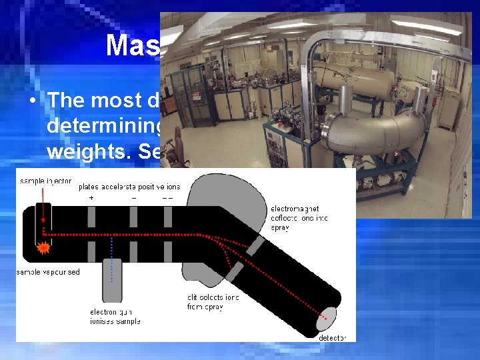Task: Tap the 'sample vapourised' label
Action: (49, 273)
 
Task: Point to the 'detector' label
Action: (332, 338)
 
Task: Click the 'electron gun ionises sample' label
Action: (115, 317)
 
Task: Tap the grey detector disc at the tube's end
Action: (327, 318)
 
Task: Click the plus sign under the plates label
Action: (91, 197)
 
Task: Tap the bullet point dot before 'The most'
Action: (32, 101)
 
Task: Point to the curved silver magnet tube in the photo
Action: (373, 130)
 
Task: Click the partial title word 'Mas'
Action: (131, 45)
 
